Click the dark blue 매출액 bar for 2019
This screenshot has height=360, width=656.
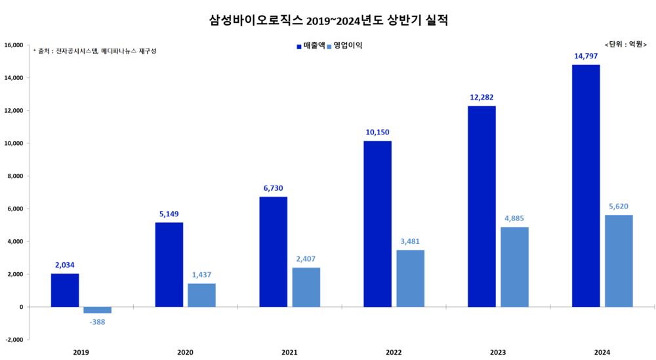(x=65, y=290)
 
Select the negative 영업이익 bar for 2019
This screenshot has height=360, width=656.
(x=97, y=310)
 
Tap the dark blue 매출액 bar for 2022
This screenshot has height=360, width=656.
(x=377, y=224)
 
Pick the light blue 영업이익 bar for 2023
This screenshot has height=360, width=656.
(x=514, y=267)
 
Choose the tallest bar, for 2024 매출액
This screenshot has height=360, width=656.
(x=586, y=186)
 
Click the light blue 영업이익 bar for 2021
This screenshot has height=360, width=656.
(x=306, y=287)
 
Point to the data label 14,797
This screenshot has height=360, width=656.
(x=586, y=56)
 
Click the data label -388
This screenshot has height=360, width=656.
(x=97, y=322)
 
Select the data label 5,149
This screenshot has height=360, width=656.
(x=169, y=214)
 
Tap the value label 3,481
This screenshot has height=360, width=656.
(x=410, y=241)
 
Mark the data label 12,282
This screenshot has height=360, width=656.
(x=482, y=97)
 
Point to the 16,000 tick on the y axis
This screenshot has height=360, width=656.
(x=14, y=45)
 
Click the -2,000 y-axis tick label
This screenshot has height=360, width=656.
(x=14, y=340)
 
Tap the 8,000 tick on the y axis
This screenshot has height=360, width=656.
(x=15, y=176)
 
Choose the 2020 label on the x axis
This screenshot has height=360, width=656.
(x=185, y=353)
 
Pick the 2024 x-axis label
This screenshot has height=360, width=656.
(x=602, y=353)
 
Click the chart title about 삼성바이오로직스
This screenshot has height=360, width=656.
(x=328, y=20)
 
